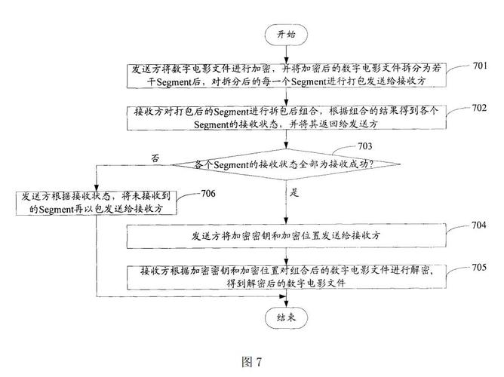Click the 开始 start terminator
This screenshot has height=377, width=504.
tap(287, 34)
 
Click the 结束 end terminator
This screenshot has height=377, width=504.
tap(287, 317)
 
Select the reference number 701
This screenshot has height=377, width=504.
tap(480, 66)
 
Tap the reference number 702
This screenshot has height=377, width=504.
tap(480, 108)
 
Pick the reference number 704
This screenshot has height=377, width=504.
tap(480, 225)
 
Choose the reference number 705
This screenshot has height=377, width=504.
tap(480, 267)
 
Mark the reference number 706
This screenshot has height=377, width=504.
tap(209, 194)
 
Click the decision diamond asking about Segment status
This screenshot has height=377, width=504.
tap(287, 164)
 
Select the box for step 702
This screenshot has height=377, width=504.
tap(287, 117)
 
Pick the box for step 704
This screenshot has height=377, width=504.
tap(287, 236)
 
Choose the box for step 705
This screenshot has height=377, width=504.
tap(287, 277)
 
